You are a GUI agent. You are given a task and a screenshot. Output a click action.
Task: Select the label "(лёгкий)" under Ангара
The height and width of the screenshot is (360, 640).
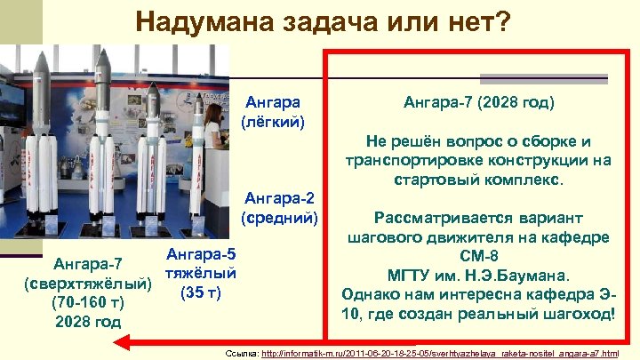pos(273,121)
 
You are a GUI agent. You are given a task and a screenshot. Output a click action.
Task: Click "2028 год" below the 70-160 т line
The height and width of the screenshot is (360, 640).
pos(88,321)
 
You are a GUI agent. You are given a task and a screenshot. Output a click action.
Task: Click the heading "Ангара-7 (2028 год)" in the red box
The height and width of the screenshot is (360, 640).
pos(478,103)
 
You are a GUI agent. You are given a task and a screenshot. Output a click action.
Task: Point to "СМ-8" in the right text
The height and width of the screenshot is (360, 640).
pos(479,256)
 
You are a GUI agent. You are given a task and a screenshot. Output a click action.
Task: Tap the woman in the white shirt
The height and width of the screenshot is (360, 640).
pos(213,133)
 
